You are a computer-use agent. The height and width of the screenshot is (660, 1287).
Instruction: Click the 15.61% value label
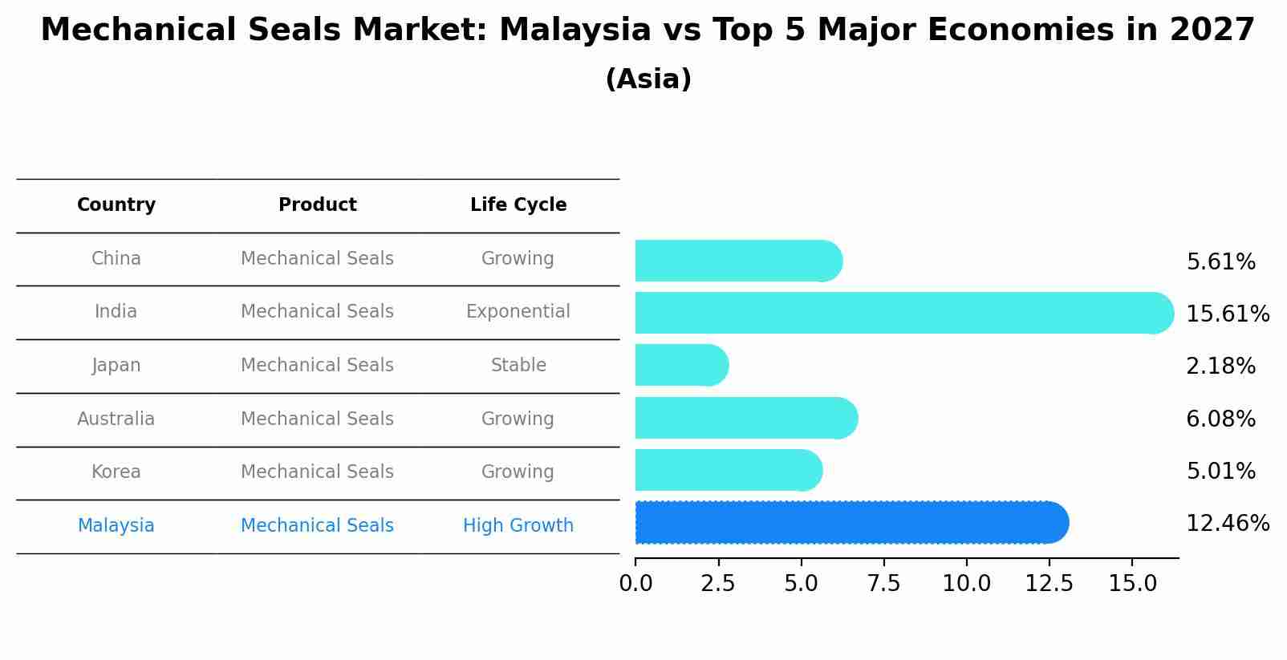pos(1227,314)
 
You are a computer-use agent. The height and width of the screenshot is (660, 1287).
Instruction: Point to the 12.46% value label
pos(1227,524)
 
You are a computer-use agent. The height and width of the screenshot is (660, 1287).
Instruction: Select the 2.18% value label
pos(1220,366)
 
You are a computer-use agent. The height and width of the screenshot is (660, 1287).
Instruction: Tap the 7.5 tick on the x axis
pos(883,584)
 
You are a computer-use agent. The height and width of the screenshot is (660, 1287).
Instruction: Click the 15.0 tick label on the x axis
pos(1132,584)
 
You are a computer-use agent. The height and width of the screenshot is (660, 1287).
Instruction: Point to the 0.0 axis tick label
pos(635,584)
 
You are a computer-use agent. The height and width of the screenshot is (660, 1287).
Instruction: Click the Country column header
pos(116,205)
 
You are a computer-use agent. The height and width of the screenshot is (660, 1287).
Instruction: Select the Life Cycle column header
pos(518,205)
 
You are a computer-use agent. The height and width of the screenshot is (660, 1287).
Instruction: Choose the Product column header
pos(317,205)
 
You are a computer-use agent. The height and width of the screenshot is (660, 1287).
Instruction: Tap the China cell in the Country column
pos(116,259)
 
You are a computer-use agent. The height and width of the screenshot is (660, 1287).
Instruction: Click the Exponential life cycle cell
pos(518,312)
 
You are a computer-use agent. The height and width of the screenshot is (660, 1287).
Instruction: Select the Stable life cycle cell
pos(518,366)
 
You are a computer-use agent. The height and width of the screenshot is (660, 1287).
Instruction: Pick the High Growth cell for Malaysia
pos(518,526)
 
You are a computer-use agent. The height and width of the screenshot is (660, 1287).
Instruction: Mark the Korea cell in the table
pos(116,472)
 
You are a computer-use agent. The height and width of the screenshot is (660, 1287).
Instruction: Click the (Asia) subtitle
pos(648,79)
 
